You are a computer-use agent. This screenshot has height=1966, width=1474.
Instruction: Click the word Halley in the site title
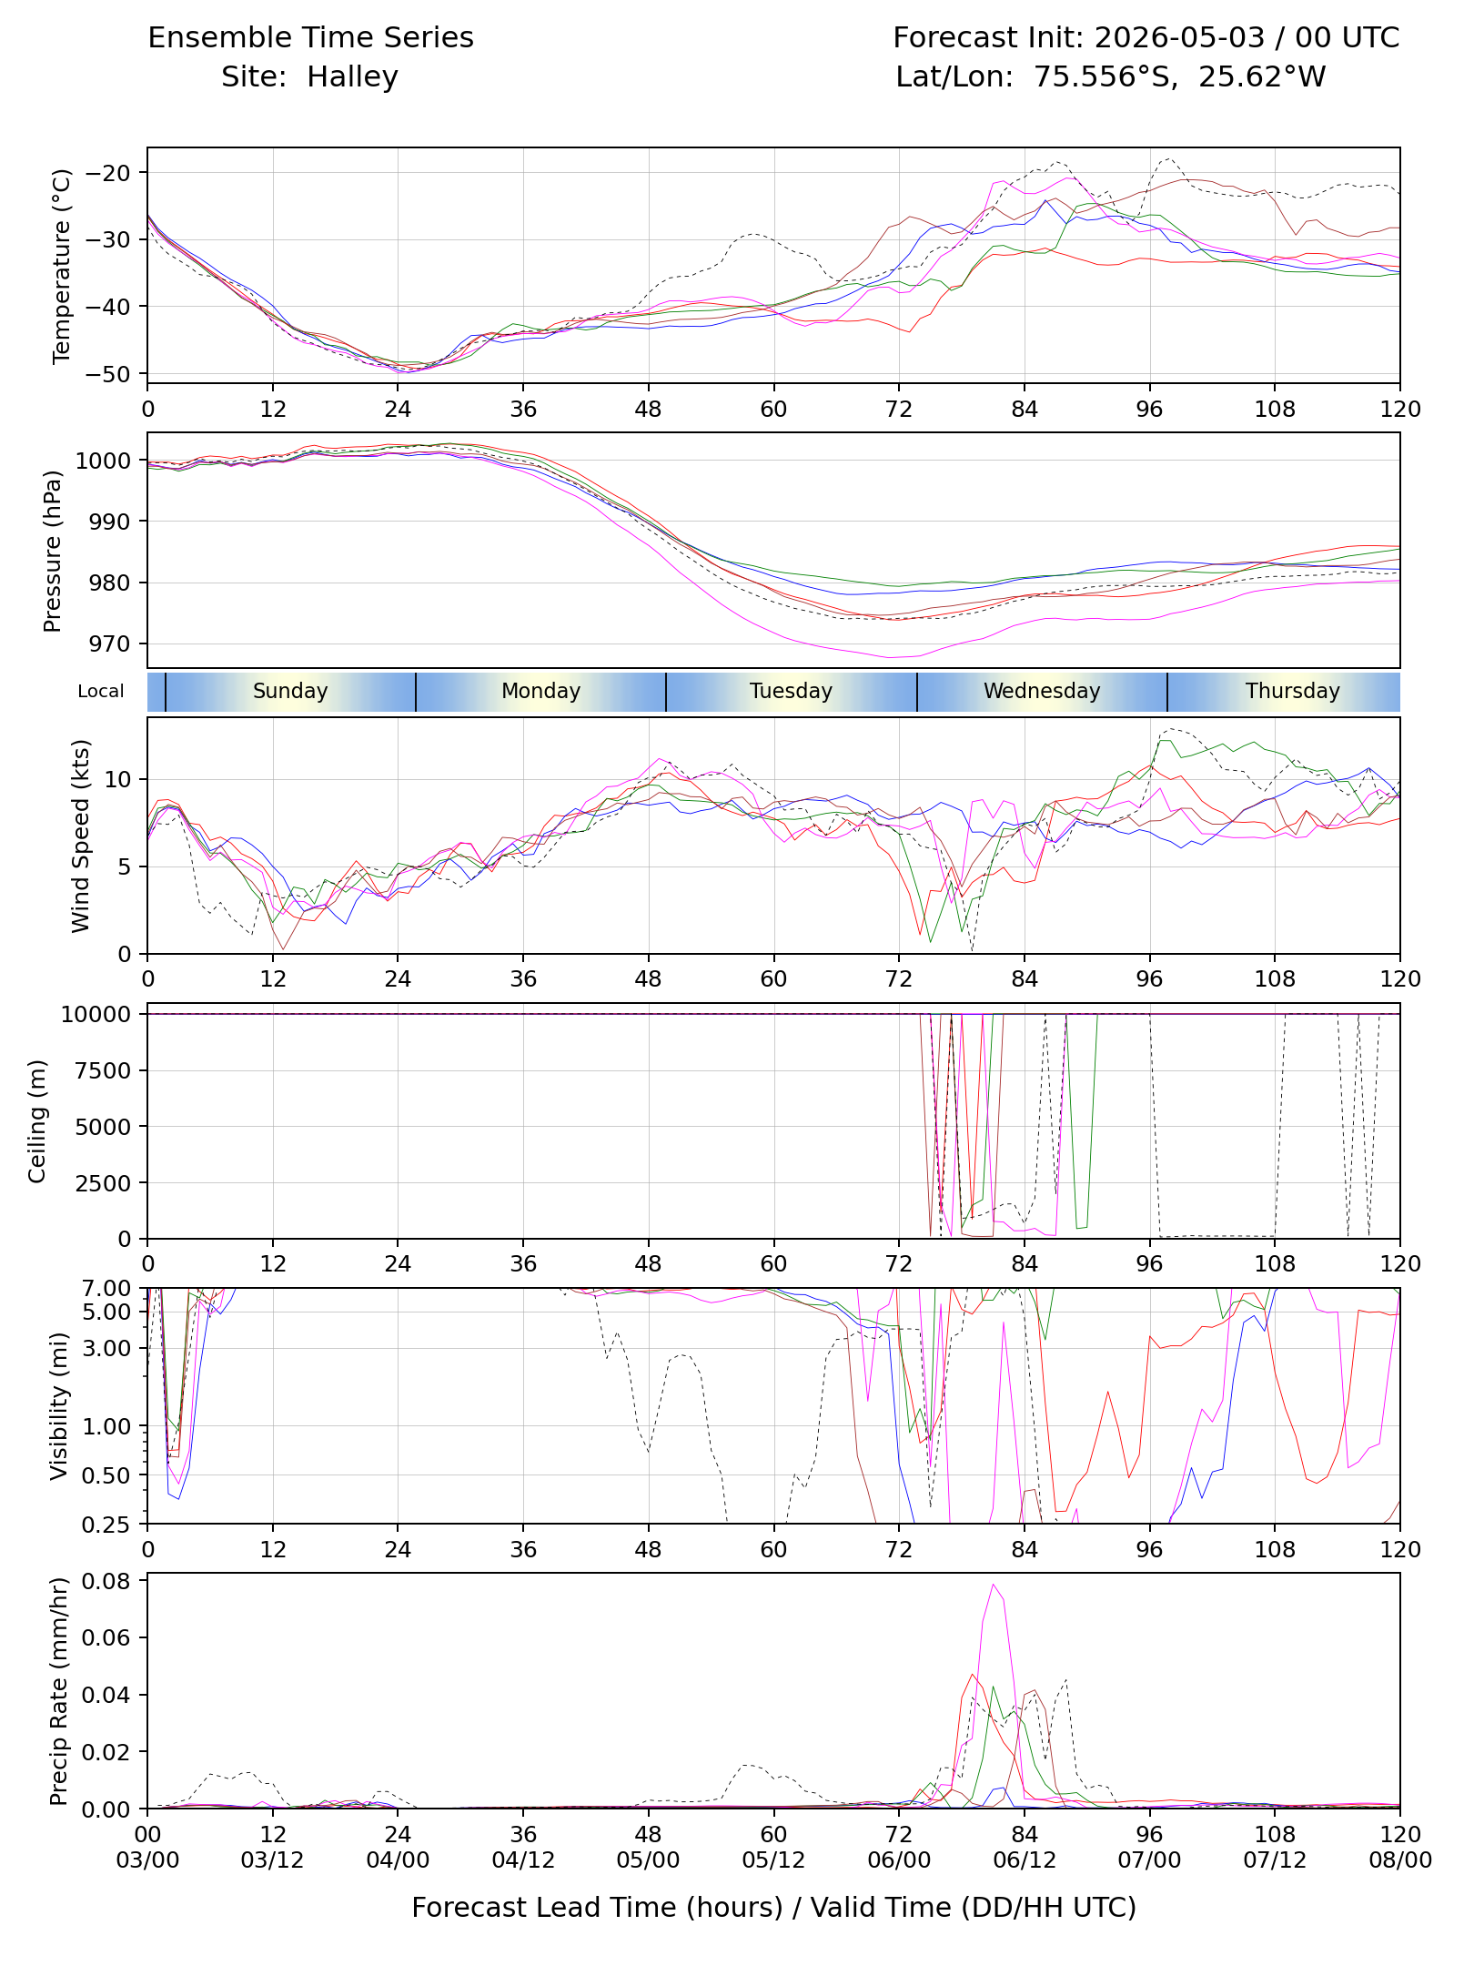[352, 77]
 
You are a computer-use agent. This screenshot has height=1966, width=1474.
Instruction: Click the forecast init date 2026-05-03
[1179, 37]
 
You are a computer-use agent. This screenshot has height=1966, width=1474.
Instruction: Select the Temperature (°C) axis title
[62, 266]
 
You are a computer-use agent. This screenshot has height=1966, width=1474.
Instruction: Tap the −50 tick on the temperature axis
[107, 374]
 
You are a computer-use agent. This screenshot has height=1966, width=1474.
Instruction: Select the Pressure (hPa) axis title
[53, 551]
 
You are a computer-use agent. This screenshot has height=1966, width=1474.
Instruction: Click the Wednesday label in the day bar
[1042, 691]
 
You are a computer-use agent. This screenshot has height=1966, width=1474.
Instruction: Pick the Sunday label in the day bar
[290, 691]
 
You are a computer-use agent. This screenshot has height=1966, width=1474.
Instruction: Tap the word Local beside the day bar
[101, 691]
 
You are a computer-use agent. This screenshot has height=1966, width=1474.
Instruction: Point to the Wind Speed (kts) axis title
[81, 836]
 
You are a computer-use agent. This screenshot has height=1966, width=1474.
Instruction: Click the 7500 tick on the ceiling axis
[107, 1070]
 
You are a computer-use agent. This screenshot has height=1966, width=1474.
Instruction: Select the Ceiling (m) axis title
[37, 1121]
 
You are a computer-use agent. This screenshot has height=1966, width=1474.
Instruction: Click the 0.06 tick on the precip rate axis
[106, 1637]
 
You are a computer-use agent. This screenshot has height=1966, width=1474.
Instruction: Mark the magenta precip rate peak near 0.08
[994, 1585]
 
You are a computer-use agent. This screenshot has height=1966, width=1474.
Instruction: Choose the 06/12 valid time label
[1025, 1860]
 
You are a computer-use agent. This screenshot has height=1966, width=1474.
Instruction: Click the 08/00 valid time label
[1400, 1860]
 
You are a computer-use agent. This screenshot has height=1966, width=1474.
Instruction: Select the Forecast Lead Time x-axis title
[774, 1908]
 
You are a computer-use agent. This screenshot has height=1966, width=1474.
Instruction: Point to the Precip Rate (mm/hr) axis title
[59, 1691]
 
